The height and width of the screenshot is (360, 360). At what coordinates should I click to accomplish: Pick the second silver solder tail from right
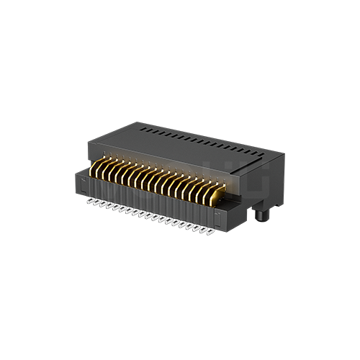pyautogui.click(x=201, y=229)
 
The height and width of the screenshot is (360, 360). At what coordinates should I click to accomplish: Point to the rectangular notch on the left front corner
pyautogui.click(x=80, y=179)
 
